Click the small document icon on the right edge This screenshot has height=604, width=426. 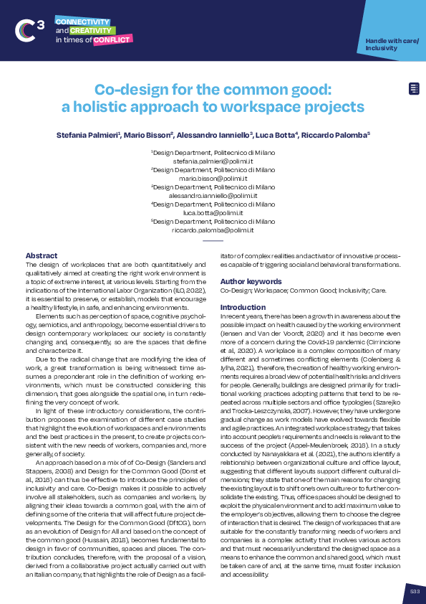[x=414, y=88]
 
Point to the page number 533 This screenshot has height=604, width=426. [x=413, y=591]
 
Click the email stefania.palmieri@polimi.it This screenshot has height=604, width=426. [x=213, y=162]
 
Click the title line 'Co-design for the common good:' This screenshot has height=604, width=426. [x=213, y=90]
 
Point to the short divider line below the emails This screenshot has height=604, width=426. [x=213, y=242]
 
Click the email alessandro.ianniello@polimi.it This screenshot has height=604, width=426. [x=213, y=197]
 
